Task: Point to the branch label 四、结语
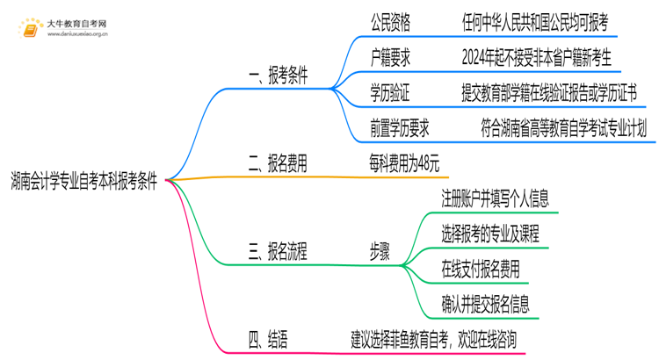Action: tap(268, 336)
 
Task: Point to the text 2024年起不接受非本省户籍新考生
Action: tap(542, 58)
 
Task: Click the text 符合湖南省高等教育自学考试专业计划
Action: tap(564, 129)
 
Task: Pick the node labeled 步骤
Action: tap(380, 253)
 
